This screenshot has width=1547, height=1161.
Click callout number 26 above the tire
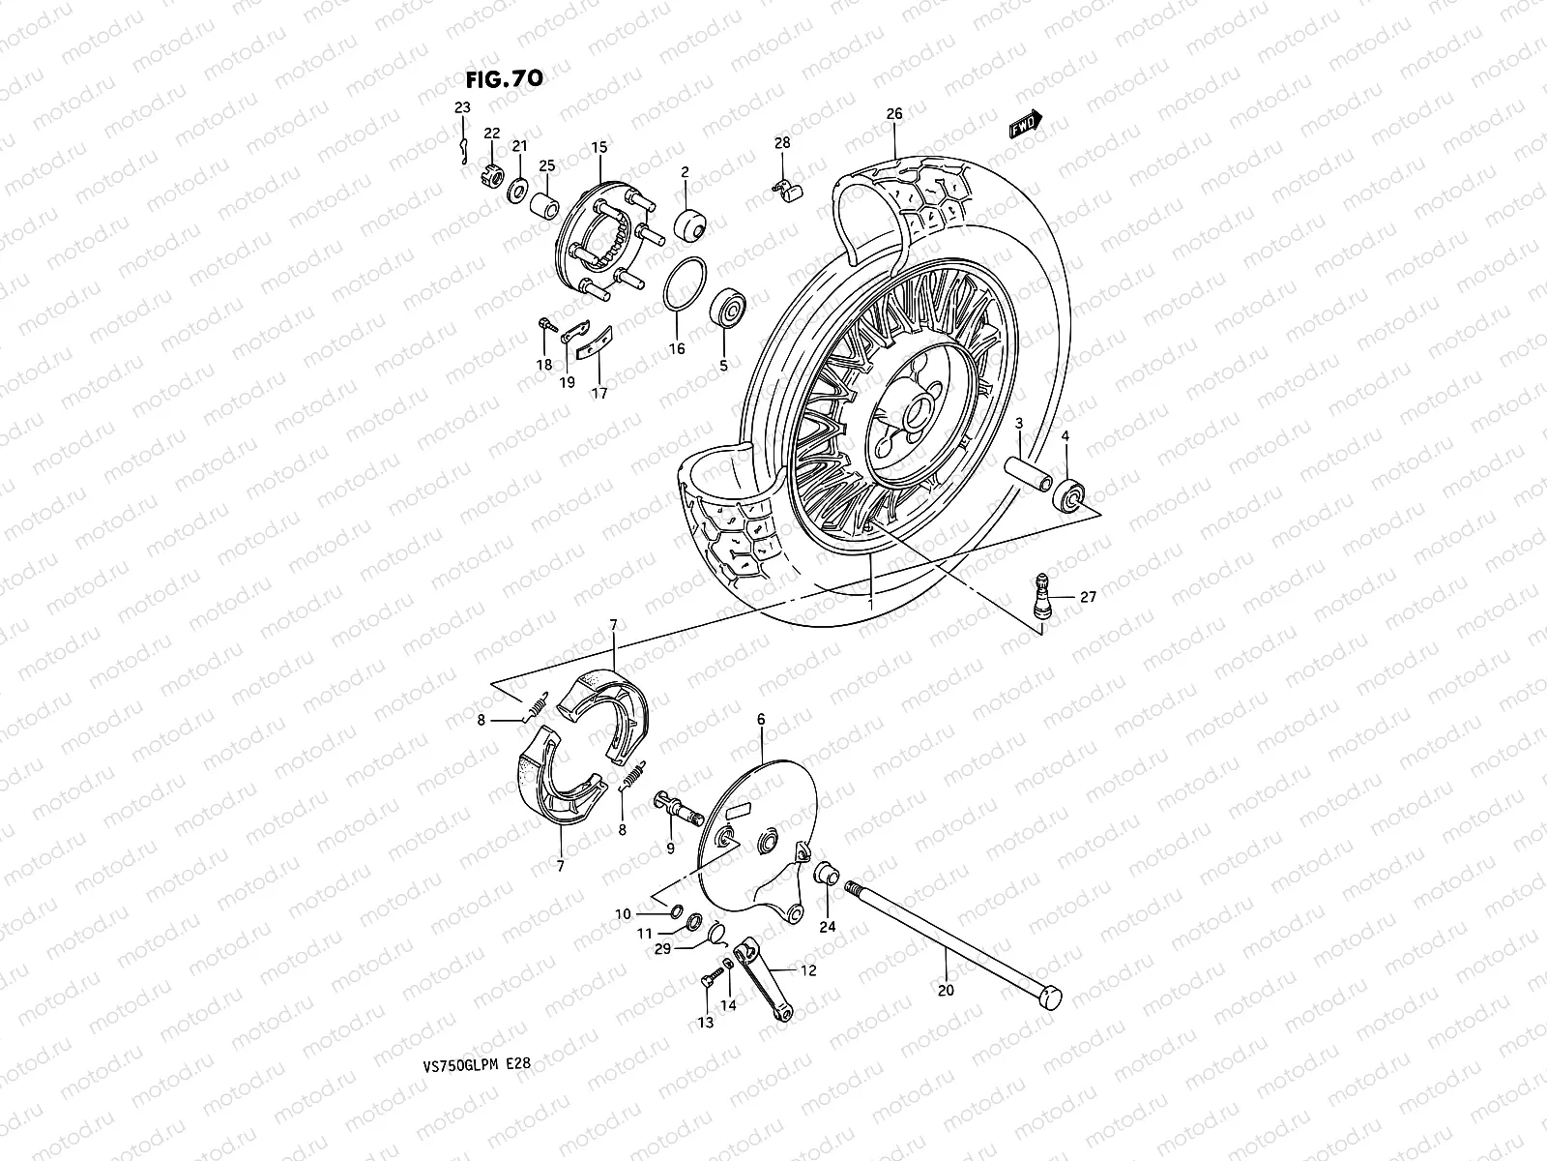tap(894, 114)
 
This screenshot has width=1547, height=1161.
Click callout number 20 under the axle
tap(946, 990)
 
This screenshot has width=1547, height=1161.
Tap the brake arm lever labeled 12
tap(764, 979)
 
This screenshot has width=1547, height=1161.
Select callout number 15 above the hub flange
tap(599, 147)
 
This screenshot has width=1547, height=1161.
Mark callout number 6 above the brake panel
tap(761, 719)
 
